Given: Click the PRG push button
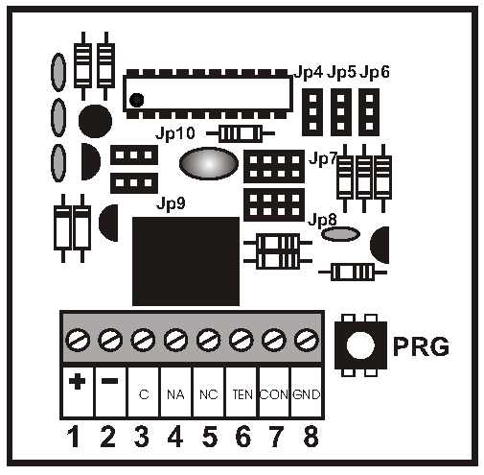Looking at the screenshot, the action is [360, 345].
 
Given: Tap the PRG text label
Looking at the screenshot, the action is [421, 346].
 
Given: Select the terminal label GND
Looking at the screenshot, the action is [306, 394].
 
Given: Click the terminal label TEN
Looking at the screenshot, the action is [242, 394].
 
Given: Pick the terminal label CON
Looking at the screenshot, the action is [274, 394].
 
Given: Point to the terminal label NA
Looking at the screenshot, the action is [175, 394].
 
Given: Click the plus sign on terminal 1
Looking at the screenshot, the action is [77, 381].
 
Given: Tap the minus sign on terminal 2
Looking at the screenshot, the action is [109, 381].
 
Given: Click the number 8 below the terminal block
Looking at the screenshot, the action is [311, 436].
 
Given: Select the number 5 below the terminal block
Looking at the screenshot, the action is [210, 436].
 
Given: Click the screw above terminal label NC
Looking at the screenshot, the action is [208, 340].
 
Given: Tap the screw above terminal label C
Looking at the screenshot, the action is [143, 340].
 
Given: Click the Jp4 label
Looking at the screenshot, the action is [309, 72].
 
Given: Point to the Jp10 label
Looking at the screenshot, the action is [175, 133].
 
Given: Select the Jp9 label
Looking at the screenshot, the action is [171, 203].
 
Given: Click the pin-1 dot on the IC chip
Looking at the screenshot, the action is [136, 100].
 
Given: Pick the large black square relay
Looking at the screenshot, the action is [186, 261].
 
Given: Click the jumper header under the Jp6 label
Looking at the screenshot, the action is [369, 112].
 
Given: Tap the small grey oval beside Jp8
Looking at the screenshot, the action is [340, 234].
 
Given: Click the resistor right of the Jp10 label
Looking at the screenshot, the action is [241, 133].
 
